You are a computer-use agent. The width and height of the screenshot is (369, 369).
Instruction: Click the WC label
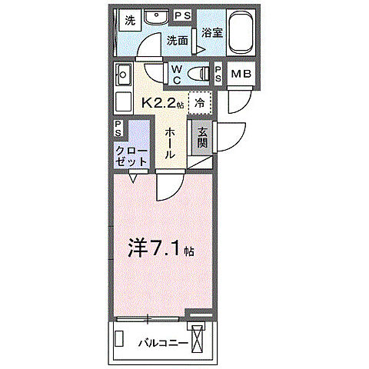point(176,74)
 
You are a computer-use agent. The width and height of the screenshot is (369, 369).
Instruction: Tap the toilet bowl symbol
point(201,74)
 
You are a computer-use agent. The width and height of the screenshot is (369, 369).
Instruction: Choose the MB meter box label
point(241,75)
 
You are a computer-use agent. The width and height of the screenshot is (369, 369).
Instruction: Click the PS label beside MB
point(218,75)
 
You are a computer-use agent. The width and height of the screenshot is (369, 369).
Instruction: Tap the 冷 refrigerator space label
point(199,101)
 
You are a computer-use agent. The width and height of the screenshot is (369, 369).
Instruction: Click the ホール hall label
point(170,143)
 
